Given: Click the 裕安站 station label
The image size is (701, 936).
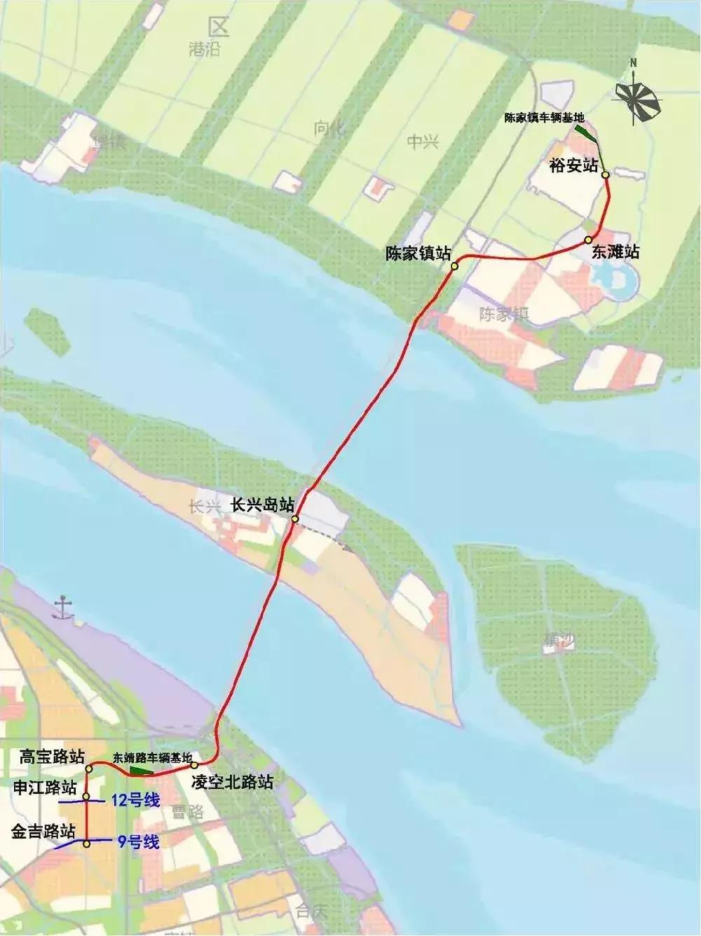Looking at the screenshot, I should pyautogui.click(x=573, y=165).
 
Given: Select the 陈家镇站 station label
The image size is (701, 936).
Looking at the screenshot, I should pyautogui.click(x=418, y=254).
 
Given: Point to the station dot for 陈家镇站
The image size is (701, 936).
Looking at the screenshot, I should pyautogui.click(x=454, y=266).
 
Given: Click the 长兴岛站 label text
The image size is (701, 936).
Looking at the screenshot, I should pyautogui.click(x=261, y=505).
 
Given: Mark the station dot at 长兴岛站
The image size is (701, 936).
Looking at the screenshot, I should pyautogui.click(x=295, y=519).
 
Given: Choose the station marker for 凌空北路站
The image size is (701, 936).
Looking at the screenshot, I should pyautogui.click(x=194, y=764).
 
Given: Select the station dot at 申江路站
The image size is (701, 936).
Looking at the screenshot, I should pyautogui.click(x=86, y=797).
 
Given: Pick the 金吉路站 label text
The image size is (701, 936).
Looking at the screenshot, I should pyautogui.click(x=43, y=832).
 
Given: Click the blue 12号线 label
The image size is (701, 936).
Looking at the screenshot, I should pyautogui.click(x=135, y=799).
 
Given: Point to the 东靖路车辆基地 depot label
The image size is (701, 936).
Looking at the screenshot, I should pyautogui.click(x=152, y=757).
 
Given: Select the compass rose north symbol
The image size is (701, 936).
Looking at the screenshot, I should pyautogui.click(x=638, y=98).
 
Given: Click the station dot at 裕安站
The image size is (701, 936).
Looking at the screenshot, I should pyautogui.click(x=605, y=174).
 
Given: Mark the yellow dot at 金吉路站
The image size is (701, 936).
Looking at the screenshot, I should pyautogui.click(x=86, y=844).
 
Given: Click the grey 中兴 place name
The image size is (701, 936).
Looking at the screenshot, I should pyautogui.click(x=422, y=142).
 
